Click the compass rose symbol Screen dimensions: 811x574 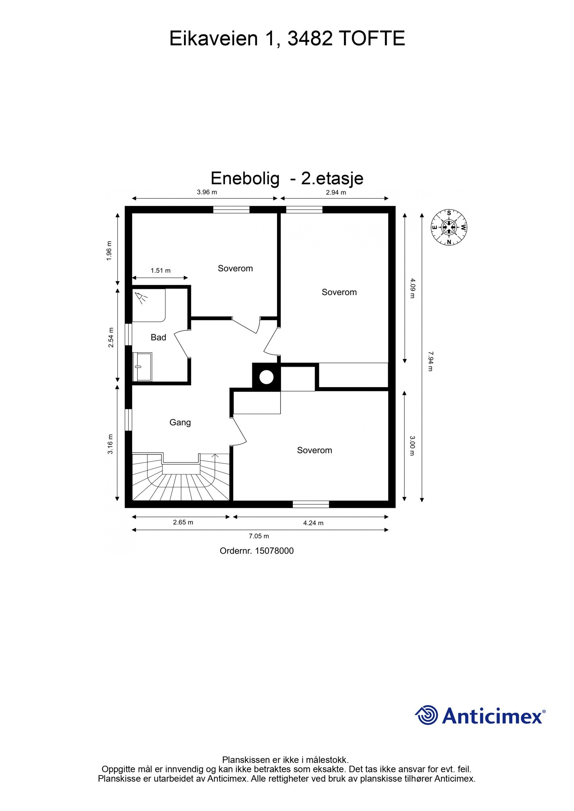448,227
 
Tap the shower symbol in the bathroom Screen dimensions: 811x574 141,297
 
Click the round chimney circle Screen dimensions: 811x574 266,377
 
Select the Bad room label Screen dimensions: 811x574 158,337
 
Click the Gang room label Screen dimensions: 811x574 180,422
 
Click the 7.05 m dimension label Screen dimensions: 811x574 259,536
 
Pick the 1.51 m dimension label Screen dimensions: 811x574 160,271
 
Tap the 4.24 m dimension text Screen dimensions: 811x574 313,523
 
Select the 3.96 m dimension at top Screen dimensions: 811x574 207,192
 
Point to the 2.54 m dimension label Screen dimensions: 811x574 111,337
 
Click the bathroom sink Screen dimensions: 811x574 142,366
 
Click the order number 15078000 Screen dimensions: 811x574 274,551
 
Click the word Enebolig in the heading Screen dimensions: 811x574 245,178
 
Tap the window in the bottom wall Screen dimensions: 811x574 311,504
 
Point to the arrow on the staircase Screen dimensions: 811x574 215,456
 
